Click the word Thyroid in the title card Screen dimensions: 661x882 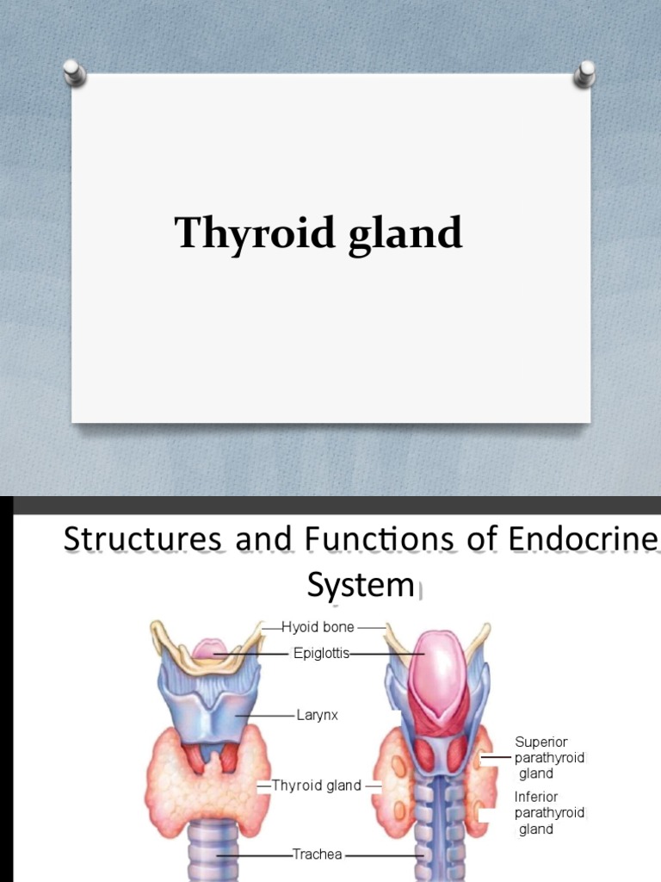(x=255, y=233)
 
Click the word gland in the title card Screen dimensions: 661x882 (x=405, y=233)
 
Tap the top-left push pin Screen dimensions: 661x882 (x=74, y=72)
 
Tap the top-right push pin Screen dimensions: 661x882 (x=585, y=74)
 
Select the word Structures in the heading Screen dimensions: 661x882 (x=143, y=538)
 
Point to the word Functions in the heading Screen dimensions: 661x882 (x=379, y=538)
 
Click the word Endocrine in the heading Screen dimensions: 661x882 (x=583, y=538)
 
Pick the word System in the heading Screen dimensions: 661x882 (x=361, y=585)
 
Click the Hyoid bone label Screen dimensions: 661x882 (x=318, y=627)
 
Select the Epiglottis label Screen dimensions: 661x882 (x=322, y=653)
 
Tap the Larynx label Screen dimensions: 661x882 (x=317, y=715)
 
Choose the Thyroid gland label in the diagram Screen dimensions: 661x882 (x=317, y=786)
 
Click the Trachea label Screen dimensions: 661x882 (x=317, y=854)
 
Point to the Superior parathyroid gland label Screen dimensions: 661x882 (x=550, y=758)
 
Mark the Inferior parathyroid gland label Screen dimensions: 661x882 (x=550, y=813)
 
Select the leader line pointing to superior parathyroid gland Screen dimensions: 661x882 (x=497, y=758)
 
